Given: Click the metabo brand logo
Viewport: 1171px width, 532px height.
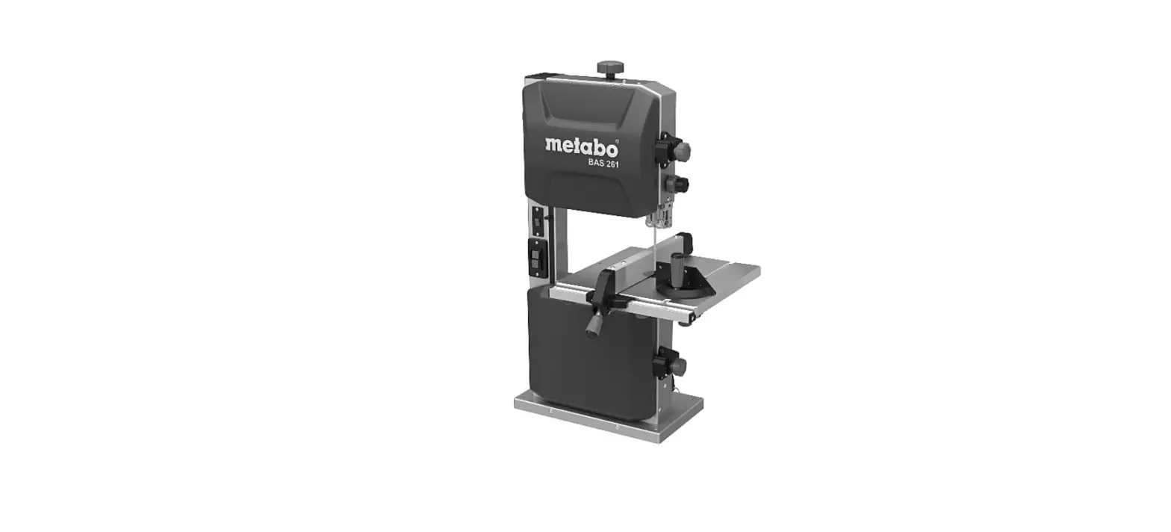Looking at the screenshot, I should (581, 144).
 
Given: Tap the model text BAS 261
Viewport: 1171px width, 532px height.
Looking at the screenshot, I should (603, 164).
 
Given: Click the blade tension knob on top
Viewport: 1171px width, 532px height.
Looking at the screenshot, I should (610, 68).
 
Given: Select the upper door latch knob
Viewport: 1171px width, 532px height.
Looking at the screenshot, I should (679, 151).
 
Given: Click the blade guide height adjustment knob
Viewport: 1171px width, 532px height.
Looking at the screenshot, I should (680, 184).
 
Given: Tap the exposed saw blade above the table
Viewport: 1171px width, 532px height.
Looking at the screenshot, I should (653, 247).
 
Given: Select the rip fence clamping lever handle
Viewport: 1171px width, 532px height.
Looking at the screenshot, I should (594, 325).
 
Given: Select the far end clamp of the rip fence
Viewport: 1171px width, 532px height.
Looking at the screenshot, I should (685, 241).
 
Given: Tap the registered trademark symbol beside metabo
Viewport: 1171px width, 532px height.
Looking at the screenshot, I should (616, 138).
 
